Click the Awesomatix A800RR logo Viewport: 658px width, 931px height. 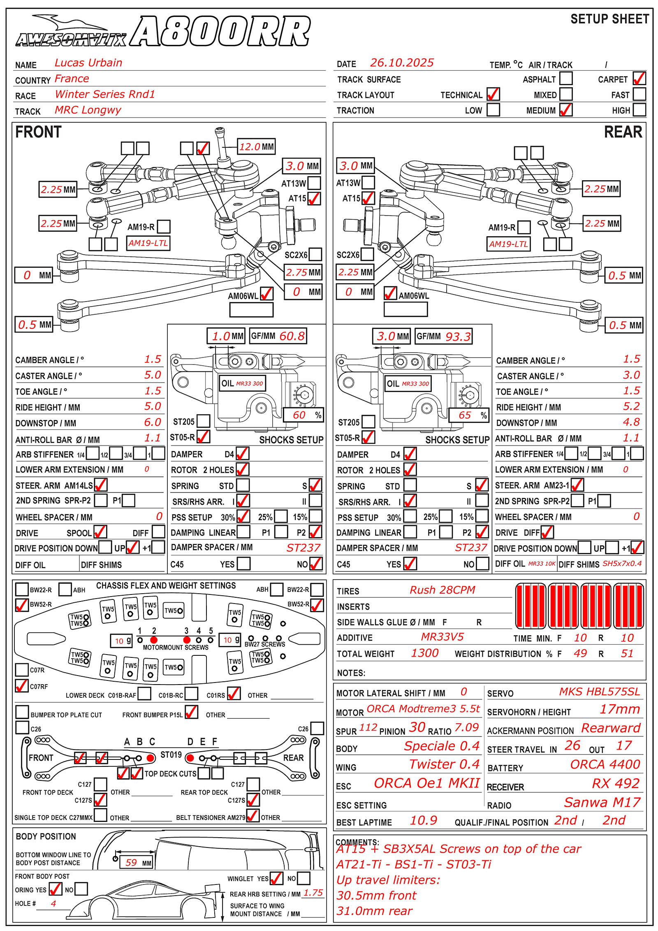click(x=162, y=31)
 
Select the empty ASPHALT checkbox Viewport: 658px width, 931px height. click(x=566, y=79)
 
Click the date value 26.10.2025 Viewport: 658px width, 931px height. click(x=402, y=63)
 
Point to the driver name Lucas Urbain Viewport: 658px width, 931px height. click(x=88, y=63)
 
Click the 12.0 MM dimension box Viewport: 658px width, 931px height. click(x=257, y=147)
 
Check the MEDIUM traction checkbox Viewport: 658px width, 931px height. click(x=566, y=110)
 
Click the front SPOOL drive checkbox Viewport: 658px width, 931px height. click(x=100, y=532)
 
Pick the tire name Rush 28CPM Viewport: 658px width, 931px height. click(x=442, y=590)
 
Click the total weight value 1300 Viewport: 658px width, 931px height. click(x=425, y=653)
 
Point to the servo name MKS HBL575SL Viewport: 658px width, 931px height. click(x=599, y=692)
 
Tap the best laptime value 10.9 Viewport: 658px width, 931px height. click(x=423, y=821)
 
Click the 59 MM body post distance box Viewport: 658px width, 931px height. click(x=135, y=863)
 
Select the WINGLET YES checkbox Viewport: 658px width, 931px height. click(x=276, y=878)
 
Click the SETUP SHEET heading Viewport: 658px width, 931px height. click(x=609, y=19)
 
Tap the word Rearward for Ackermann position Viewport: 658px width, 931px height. click(x=611, y=728)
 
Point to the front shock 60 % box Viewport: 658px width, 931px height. click(x=303, y=415)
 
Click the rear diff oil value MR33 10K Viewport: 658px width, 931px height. click(x=542, y=564)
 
